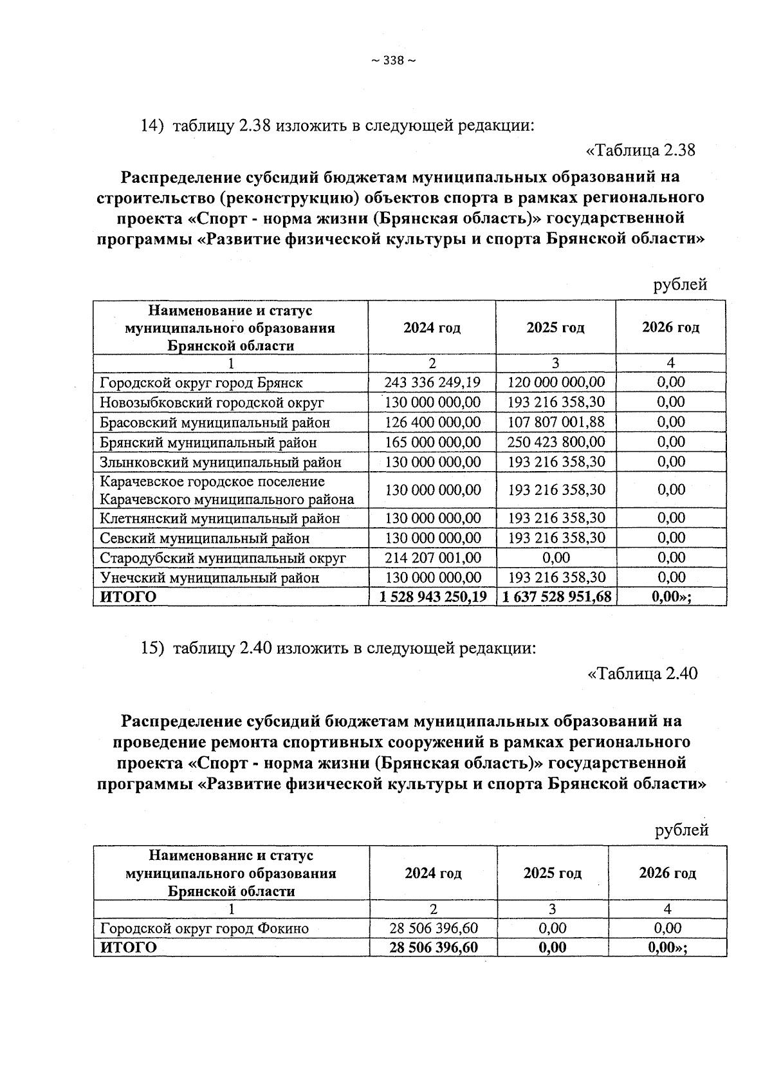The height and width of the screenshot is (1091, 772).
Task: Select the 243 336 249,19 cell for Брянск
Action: (432, 382)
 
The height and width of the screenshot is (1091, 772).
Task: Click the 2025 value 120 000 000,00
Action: (556, 382)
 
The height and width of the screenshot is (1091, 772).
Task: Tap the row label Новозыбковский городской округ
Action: (212, 403)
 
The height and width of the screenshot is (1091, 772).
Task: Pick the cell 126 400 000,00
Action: (432, 422)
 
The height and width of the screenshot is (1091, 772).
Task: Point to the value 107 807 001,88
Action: (556, 422)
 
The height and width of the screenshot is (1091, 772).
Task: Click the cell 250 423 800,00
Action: (556, 442)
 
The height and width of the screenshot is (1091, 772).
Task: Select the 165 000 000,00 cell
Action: (432, 442)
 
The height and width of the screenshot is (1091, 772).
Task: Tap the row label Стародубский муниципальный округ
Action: (223, 557)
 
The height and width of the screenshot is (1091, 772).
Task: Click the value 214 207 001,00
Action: (432, 557)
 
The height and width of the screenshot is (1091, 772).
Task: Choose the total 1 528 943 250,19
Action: (433, 597)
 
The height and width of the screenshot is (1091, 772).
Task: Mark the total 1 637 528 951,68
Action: (556, 597)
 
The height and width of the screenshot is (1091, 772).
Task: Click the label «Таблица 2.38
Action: (641, 151)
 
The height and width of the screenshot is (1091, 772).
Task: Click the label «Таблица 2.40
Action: (643, 674)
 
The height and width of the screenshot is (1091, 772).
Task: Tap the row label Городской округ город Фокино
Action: (204, 928)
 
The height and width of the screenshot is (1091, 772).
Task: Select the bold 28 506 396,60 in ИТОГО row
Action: (434, 947)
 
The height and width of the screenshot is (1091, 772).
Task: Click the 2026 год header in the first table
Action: (670, 327)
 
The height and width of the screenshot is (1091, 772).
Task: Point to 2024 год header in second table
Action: (433, 873)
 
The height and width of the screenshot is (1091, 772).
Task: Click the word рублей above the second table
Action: (681, 830)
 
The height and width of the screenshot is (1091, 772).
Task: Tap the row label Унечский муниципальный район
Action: (209, 577)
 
